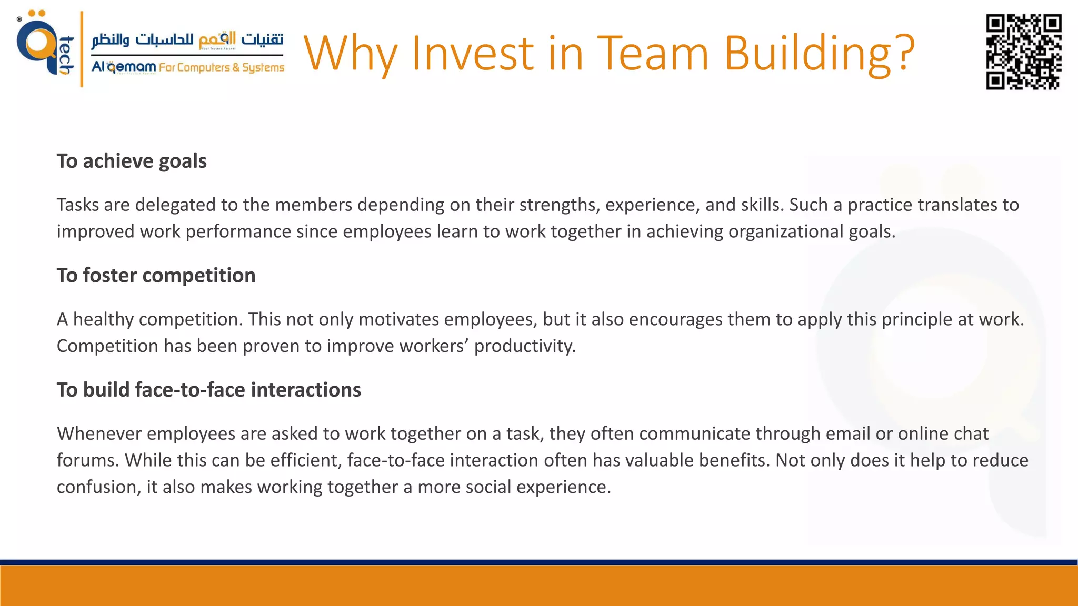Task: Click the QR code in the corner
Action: click(1023, 52)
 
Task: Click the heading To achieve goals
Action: click(132, 161)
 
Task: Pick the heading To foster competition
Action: click(156, 275)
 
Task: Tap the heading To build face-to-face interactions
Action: click(208, 390)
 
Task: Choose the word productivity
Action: click(524, 346)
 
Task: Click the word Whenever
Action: click(99, 433)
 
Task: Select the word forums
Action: click(88, 460)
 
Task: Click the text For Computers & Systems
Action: click(221, 67)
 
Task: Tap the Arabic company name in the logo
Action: click(187, 40)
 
